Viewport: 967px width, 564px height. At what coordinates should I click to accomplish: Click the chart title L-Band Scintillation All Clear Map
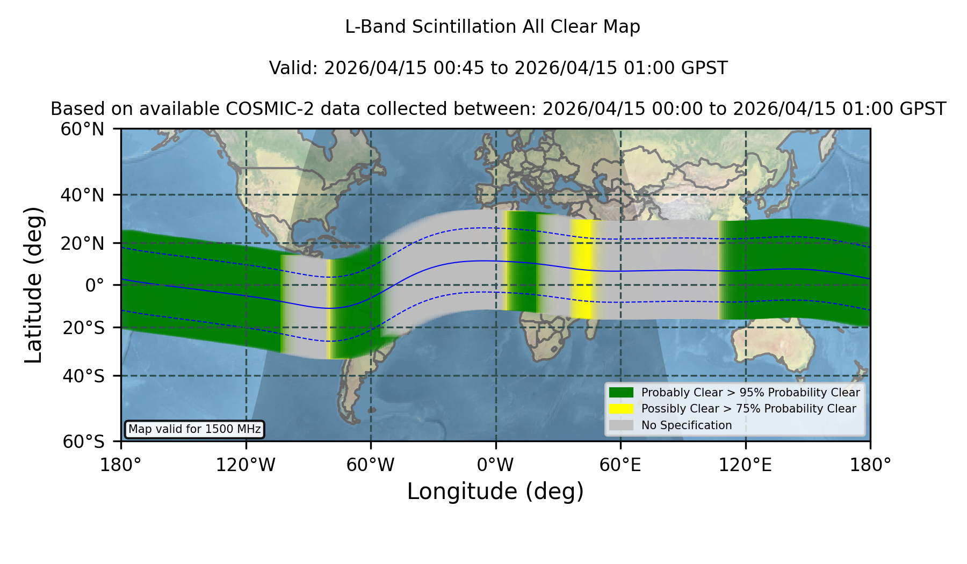tap(492, 27)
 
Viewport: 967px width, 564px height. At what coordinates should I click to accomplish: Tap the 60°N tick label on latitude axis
tap(82, 129)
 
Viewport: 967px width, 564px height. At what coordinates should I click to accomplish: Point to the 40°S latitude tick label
tap(83, 376)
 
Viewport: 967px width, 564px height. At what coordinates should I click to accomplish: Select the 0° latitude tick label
tap(95, 285)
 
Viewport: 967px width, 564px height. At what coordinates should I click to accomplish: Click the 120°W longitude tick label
tap(246, 465)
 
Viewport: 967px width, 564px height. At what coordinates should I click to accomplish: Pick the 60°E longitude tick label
tap(620, 465)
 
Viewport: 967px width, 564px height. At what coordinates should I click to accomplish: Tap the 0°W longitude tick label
tap(495, 465)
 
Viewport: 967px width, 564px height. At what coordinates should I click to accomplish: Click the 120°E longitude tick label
tap(745, 465)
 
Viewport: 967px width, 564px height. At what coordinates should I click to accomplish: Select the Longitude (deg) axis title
tap(495, 491)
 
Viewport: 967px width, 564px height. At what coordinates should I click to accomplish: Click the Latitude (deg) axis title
tap(33, 285)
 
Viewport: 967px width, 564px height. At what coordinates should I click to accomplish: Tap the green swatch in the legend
tap(621, 393)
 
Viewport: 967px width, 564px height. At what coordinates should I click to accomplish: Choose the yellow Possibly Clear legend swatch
tap(621, 409)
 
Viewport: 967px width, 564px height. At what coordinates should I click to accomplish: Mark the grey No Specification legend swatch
tap(621, 425)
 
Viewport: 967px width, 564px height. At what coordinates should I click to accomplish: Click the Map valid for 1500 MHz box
tap(194, 429)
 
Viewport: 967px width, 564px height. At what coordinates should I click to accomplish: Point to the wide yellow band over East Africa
tap(581, 269)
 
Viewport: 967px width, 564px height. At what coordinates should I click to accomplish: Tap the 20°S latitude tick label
tap(83, 328)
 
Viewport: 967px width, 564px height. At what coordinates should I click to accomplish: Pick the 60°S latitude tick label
tap(83, 442)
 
